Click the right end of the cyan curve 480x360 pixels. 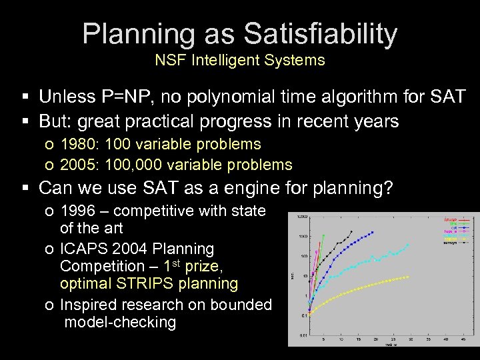click(408, 245)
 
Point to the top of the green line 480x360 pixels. click(323, 235)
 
